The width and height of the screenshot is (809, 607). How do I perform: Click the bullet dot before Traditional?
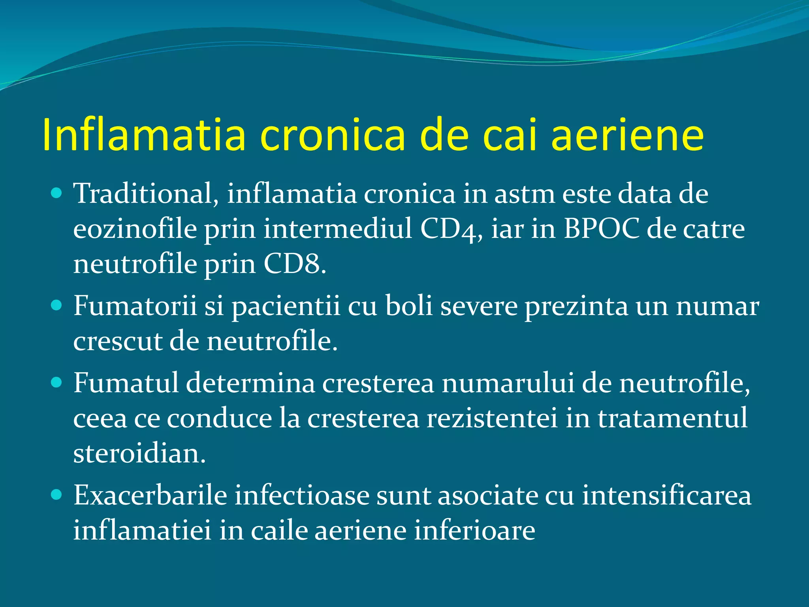57,193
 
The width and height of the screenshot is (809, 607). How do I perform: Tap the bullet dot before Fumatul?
57,383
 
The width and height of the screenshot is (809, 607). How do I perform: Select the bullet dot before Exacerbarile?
57,495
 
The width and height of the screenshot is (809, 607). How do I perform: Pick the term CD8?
295,264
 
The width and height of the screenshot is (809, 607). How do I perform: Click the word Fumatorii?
135,306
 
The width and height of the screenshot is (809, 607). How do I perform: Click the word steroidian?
139,453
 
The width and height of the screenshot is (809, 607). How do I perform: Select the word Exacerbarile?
150,495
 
